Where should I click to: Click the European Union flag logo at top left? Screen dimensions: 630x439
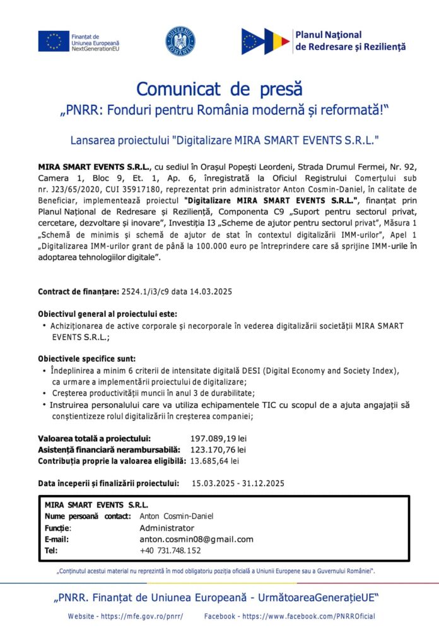(53, 41)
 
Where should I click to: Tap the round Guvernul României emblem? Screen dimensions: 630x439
(180, 41)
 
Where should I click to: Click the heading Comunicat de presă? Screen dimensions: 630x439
(219, 88)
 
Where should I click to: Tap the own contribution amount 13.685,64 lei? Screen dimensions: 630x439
(214, 461)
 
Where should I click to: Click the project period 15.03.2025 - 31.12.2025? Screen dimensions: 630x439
(238, 484)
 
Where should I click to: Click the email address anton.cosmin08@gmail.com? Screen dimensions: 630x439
(196, 539)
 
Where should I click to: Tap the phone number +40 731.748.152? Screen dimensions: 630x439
(170, 550)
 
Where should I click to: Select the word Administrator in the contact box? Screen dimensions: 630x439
(167, 528)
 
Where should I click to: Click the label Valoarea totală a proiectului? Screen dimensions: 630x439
(95, 438)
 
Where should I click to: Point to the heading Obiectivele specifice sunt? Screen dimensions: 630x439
(86, 359)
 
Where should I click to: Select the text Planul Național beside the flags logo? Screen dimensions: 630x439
(328, 35)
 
